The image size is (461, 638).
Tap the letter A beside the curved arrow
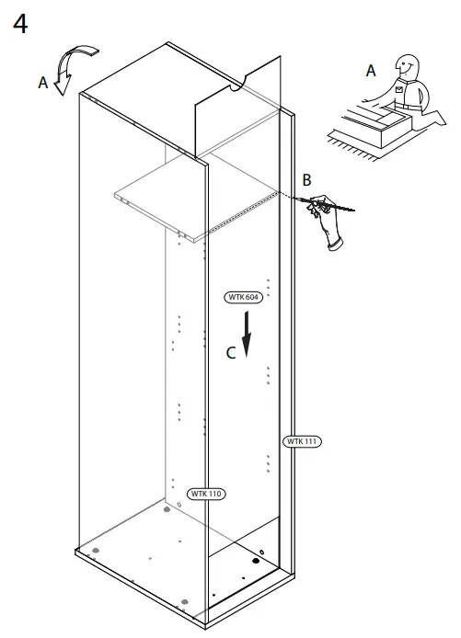point(42,83)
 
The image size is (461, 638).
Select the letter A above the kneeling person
point(371,70)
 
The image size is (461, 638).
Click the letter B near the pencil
point(307,178)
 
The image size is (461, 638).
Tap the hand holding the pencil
point(327,221)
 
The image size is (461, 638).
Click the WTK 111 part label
point(302,441)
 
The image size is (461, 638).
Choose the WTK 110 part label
point(206,494)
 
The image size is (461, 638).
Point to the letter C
point(232,351)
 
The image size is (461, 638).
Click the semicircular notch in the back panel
point(236,88)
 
